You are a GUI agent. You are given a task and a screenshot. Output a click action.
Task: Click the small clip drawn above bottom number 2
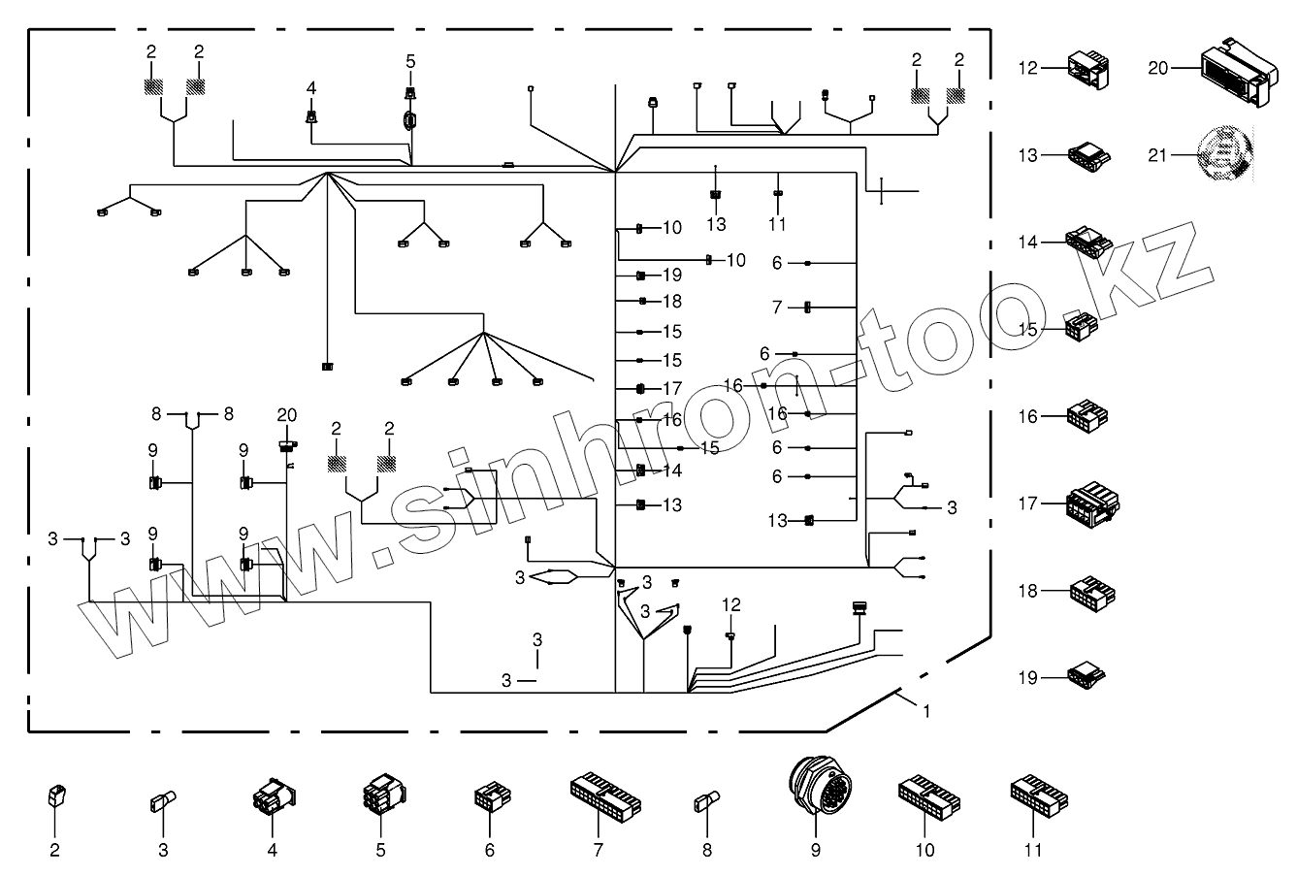pyautogui.click(x=54, y=798)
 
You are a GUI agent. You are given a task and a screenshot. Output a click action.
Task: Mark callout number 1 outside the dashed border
pyautogui.click(x=926, y=711)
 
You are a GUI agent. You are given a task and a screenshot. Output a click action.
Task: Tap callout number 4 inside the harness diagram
pyautogui.click(x=311, y=87)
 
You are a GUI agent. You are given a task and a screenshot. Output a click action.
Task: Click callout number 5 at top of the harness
pyautogui.click(x=410, y=61)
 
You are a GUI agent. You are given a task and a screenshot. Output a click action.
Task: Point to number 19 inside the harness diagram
pyautogui.click(x=672, y=276)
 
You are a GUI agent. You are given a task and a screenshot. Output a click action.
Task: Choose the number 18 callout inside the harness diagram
pyautogui.click(x=672, y=302)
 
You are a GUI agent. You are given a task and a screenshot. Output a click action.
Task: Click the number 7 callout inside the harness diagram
pyautogui.click(x=777, y=308)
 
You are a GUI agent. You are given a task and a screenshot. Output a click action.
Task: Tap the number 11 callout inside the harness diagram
pyautogui.click(x=777, y=224)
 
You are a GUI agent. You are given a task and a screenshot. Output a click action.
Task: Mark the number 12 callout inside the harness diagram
pyautogui.click(x=730, y=604)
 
